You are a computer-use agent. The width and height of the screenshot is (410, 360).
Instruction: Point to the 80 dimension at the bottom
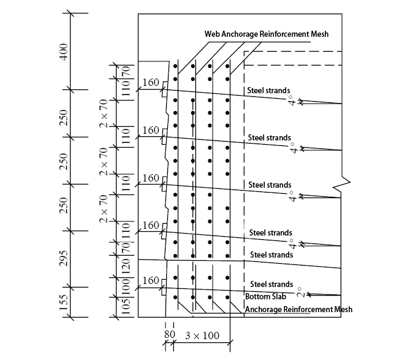point(169,335)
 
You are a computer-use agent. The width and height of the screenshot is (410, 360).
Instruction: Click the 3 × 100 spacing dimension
point(202,335)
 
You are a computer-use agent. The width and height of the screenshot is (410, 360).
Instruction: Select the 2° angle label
point(299,293)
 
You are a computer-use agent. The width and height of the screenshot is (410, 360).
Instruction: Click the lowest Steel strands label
point(271,284)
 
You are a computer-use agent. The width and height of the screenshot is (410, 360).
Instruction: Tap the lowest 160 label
point(150,280)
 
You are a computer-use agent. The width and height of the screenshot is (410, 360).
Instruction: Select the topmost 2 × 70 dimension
point(104,113)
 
